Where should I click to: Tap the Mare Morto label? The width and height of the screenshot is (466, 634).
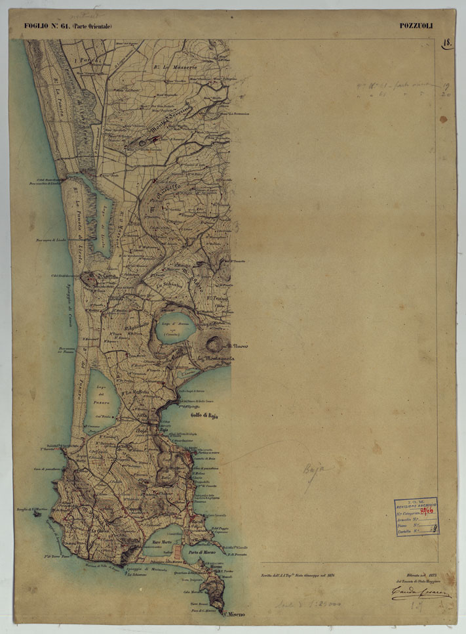click(x=161, y=541)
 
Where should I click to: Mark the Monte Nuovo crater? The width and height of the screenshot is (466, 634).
click(x=214, y=343)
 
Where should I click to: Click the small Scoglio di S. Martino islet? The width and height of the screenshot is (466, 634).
click(x=34, y=512)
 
